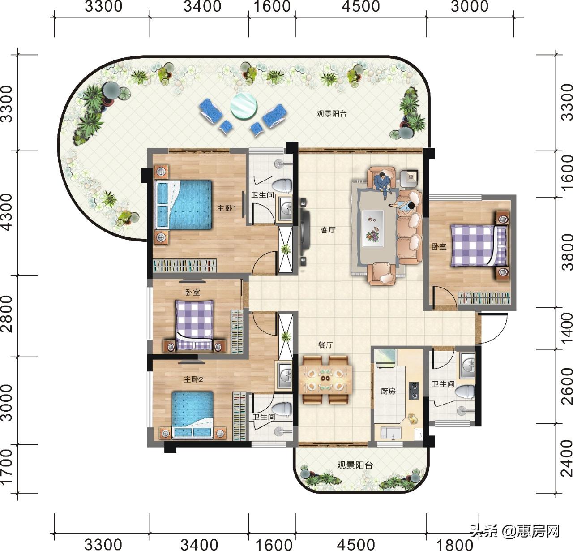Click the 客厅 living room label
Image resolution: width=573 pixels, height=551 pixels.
pyautogui.click(x=328, y=230)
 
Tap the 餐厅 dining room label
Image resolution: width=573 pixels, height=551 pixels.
pyautogui.click(x=325, y=345)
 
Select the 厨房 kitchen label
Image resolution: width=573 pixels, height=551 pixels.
pyautogui.click(x=388, y=391)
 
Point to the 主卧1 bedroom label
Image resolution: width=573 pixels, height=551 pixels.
pyautogui.click(x=227, y=208)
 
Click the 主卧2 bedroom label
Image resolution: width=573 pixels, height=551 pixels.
pyautogui.click(x=193, y=379)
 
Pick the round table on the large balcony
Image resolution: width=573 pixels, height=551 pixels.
pyautogui.click(x=244, y=106)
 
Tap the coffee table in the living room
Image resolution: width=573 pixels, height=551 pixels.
pyautogui.click(x=373, y=227)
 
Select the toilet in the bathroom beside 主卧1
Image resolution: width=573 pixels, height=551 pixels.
pyautogui.click(x=281, y=185)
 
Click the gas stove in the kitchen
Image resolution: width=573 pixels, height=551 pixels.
pyautogui.click(x=413, y=391)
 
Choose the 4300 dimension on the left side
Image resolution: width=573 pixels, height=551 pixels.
pyautogui.click(x=7, y=212)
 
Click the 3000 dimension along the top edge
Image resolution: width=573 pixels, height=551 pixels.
pyautogui.click(x=470, y=6)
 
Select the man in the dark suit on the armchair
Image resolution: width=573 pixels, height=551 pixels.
pyautogui.click(x=383, y=183)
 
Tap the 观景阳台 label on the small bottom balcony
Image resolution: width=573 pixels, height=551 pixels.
pyautogui.click(x=355, y=465)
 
